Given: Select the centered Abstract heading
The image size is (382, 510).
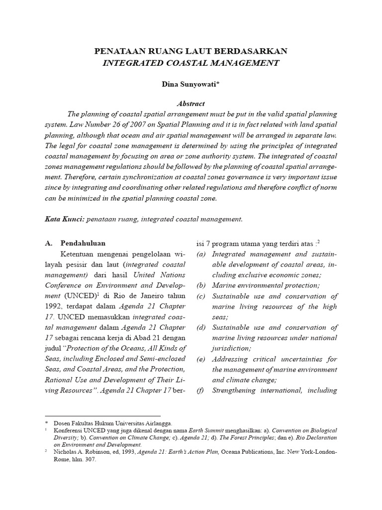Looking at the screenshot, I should (191, 104).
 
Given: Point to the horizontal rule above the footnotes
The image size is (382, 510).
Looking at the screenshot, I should (102, 415).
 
